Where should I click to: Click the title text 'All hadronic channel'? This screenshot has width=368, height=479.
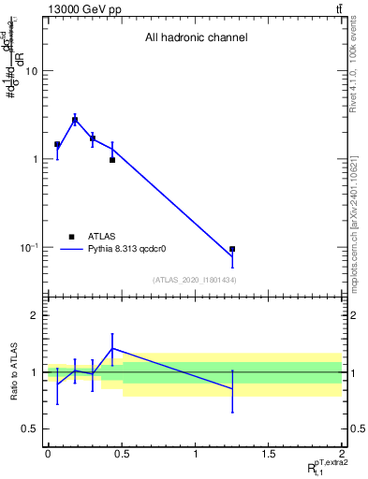196,38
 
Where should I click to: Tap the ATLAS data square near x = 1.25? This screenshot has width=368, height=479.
232,250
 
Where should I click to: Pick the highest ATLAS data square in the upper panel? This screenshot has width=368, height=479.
75,121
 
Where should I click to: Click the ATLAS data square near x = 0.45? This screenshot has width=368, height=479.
112,160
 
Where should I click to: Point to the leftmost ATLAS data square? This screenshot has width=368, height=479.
57,145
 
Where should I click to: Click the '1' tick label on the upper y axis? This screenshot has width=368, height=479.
35,159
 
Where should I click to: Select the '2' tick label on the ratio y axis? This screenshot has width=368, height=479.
35,316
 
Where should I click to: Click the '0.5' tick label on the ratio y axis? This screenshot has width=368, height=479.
30,428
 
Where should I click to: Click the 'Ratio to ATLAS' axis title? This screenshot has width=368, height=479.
12,371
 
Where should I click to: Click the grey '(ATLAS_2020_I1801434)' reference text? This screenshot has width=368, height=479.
195,281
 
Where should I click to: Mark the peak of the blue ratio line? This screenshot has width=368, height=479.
112,348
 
